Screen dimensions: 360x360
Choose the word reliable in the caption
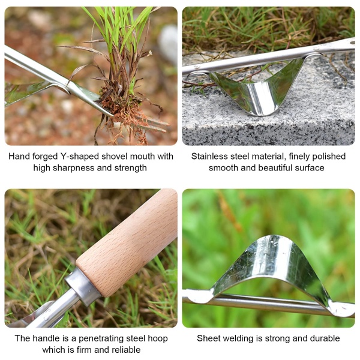[126, 350]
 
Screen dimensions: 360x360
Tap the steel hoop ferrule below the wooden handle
[83, 287]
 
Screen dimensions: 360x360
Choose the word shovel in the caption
[115, 157]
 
